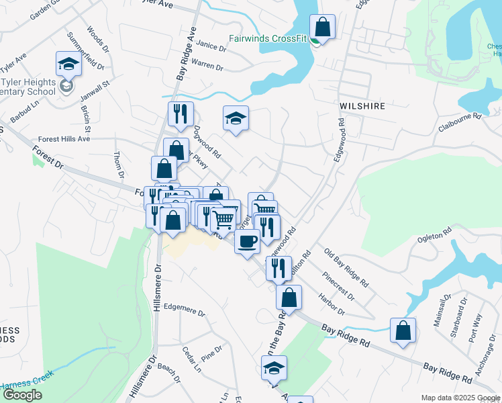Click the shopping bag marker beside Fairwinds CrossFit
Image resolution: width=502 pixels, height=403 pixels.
[x=323, y=28]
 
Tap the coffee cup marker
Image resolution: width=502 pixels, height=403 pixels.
[x=247, y=241]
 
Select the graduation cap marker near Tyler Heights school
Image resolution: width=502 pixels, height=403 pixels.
[x=67, y=64]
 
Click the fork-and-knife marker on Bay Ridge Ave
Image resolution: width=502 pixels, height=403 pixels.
[x=180, y=115]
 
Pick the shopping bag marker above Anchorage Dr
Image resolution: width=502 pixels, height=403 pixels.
[x=403, y=331]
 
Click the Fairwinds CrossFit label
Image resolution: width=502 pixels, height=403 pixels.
[x=268, y=38]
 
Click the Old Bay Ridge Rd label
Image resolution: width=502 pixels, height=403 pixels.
[x=346, y=268]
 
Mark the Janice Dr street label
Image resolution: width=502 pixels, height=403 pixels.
[x=211, y=46]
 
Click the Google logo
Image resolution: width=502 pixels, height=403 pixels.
[x=22, y=396]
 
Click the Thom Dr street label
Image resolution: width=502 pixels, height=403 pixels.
[x=119, y=164]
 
